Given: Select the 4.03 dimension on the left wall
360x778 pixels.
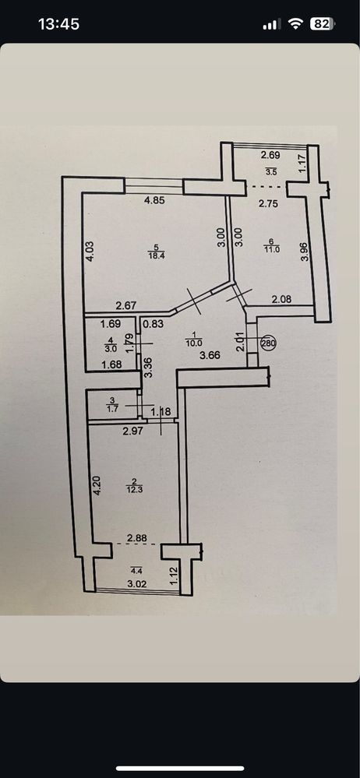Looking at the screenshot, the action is (x=90, y=251).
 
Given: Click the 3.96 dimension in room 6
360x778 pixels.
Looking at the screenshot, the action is (x=305, y=251).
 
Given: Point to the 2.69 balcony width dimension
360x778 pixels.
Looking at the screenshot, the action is (x=270, y=155).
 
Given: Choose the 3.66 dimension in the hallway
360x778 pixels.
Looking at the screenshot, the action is (x=210, y=355).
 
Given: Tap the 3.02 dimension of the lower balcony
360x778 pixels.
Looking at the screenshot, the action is (x=137, y=583).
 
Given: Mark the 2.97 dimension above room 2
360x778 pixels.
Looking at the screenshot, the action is (x=132, y=431).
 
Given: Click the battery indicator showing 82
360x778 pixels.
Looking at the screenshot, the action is (x=323, y=24).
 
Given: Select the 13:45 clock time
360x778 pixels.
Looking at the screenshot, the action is (x=58, y=24).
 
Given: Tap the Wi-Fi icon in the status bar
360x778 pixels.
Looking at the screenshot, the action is (x=296, y=24).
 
